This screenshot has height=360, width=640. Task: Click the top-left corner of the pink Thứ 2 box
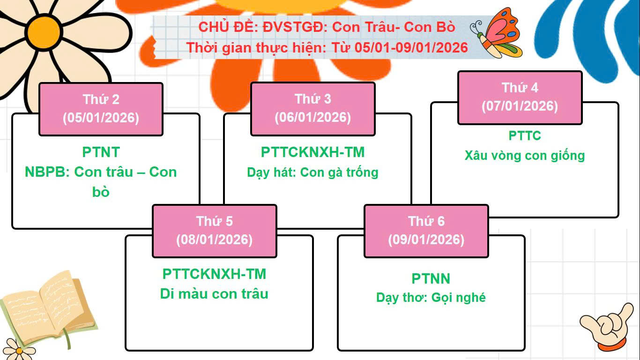39,83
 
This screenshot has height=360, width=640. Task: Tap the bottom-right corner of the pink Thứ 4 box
582,124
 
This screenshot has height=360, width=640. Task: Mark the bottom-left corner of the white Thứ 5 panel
126,350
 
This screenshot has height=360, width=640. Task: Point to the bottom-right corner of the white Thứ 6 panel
525,350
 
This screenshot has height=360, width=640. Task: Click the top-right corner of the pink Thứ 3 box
375,82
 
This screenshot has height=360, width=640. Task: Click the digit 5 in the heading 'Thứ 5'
229,221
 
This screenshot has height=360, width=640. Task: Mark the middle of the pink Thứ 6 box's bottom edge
426,257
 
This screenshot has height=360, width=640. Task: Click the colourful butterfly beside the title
496,33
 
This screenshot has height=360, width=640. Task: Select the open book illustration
49,309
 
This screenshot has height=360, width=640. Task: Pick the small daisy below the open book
19,350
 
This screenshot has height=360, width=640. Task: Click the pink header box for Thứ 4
520,97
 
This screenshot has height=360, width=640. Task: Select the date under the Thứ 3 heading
313,117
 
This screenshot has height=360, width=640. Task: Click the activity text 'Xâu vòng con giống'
525,156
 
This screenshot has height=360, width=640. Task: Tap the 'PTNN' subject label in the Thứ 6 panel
431,278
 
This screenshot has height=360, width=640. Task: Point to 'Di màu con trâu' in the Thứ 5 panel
214,294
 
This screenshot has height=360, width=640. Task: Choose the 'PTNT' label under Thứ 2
101,152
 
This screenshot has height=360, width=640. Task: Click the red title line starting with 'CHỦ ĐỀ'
327,27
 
